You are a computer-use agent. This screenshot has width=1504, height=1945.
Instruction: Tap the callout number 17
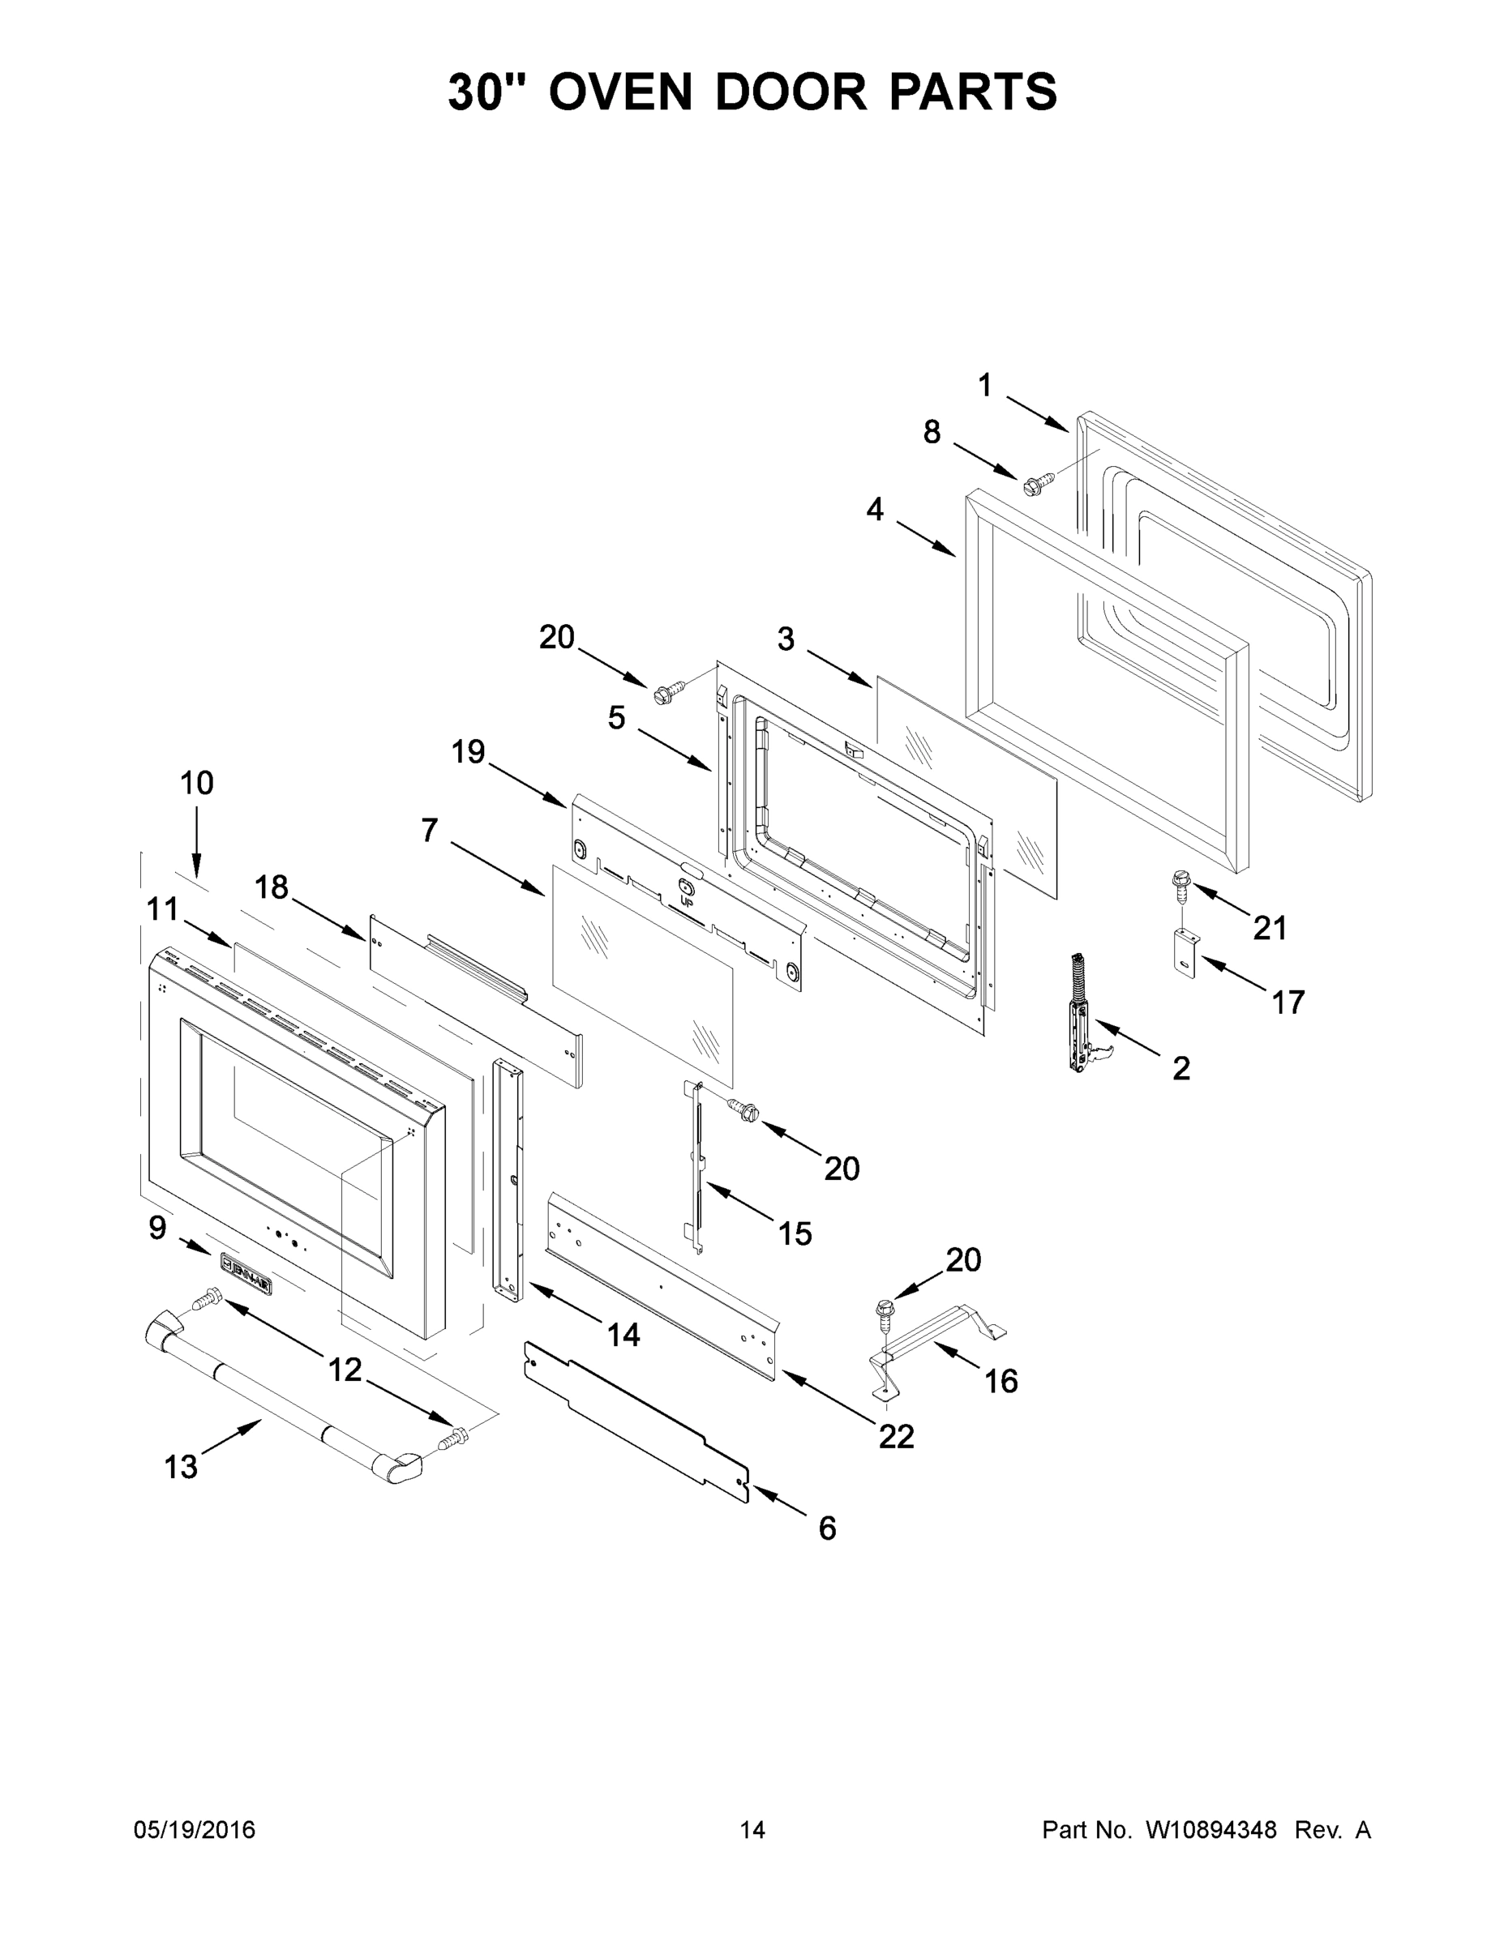click(1288, 1002)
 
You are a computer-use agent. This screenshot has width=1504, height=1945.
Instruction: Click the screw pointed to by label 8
click(1037, 485)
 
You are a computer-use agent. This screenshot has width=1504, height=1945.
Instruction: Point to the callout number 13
click(181, 1466)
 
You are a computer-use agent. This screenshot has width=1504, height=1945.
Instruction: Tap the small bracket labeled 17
click(1183, 951)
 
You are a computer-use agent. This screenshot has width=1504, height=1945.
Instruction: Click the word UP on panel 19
click(687, 901)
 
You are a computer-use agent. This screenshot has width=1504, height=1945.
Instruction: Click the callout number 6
click(827, 1528)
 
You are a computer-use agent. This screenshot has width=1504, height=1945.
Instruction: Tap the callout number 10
click(197, 784)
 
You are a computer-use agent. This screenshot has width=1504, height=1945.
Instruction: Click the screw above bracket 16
click(885, 1311)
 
